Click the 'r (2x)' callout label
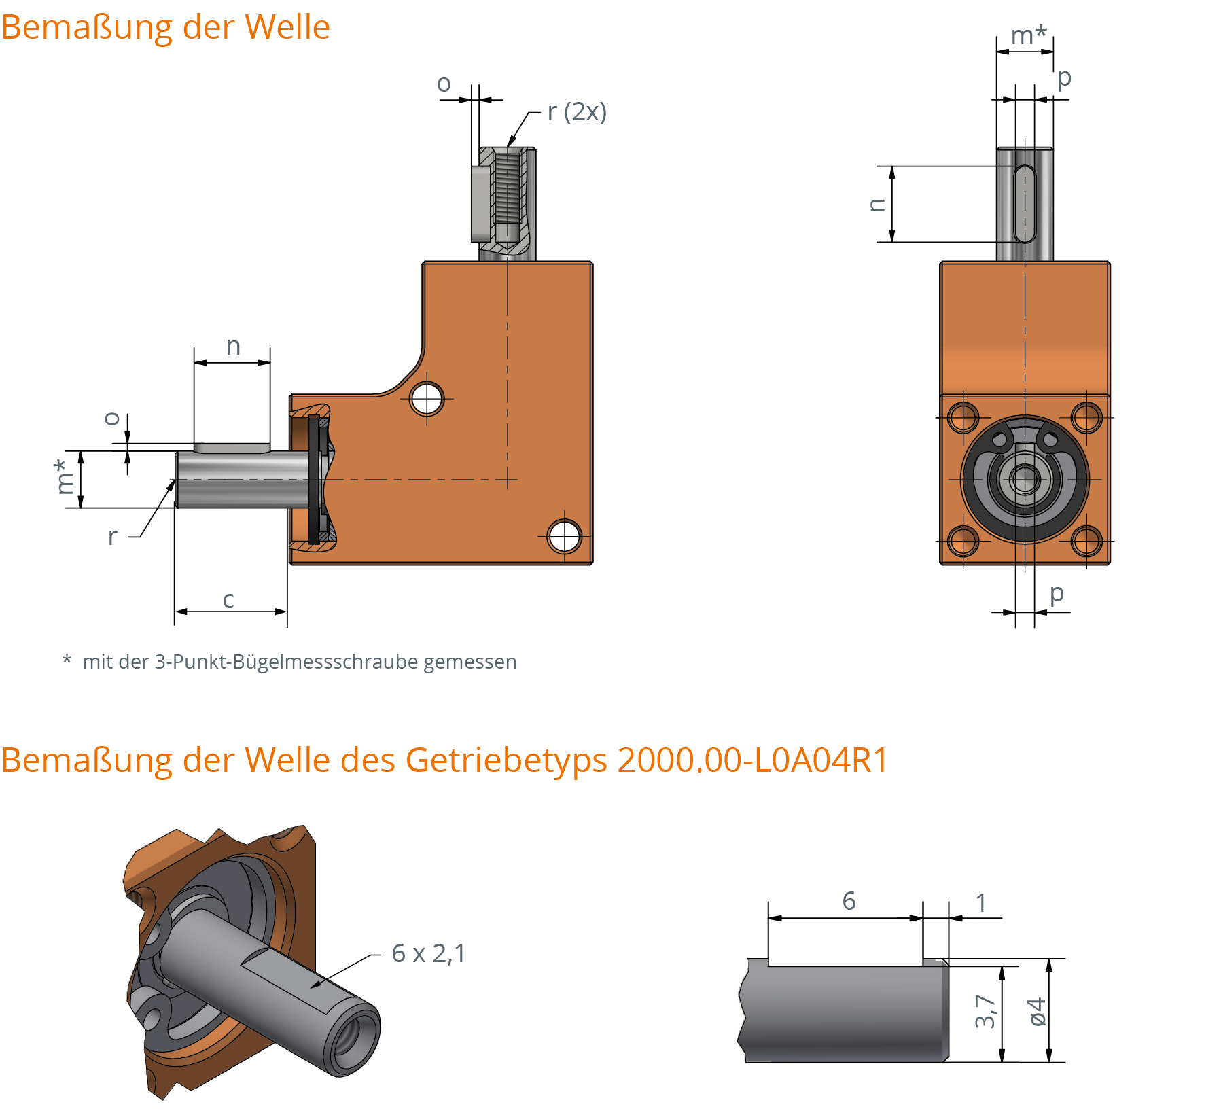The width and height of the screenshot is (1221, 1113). (x=577, y=111)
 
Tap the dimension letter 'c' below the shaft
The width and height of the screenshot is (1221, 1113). (x=228, y=599)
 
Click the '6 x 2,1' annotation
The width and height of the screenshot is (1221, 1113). (x=428, y=953)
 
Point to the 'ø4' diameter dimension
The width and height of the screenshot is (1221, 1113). (x=1037, y=1012)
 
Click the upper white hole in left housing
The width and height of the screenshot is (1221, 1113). (x=427, y=399)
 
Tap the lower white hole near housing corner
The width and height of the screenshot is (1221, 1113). (x=564, y=536)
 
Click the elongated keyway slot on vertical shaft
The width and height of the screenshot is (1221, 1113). (x=1025, y=204)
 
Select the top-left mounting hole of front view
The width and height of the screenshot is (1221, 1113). (x=963, y=417)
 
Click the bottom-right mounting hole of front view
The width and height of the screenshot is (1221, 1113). (x=1086, y=541)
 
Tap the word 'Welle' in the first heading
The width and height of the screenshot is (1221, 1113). (x=287, y=27)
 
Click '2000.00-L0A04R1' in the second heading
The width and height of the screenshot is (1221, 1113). (x=752, y=760)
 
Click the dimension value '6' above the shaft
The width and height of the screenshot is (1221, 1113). (x=849, y=901)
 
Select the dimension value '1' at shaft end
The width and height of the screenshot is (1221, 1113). (x=980, y=902)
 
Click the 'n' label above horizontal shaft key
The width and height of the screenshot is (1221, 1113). (x=233, y=347)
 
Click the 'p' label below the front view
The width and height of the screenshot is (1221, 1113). (x=1056, y=593)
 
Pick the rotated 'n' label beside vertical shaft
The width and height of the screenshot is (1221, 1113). (x=877, y=205)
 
